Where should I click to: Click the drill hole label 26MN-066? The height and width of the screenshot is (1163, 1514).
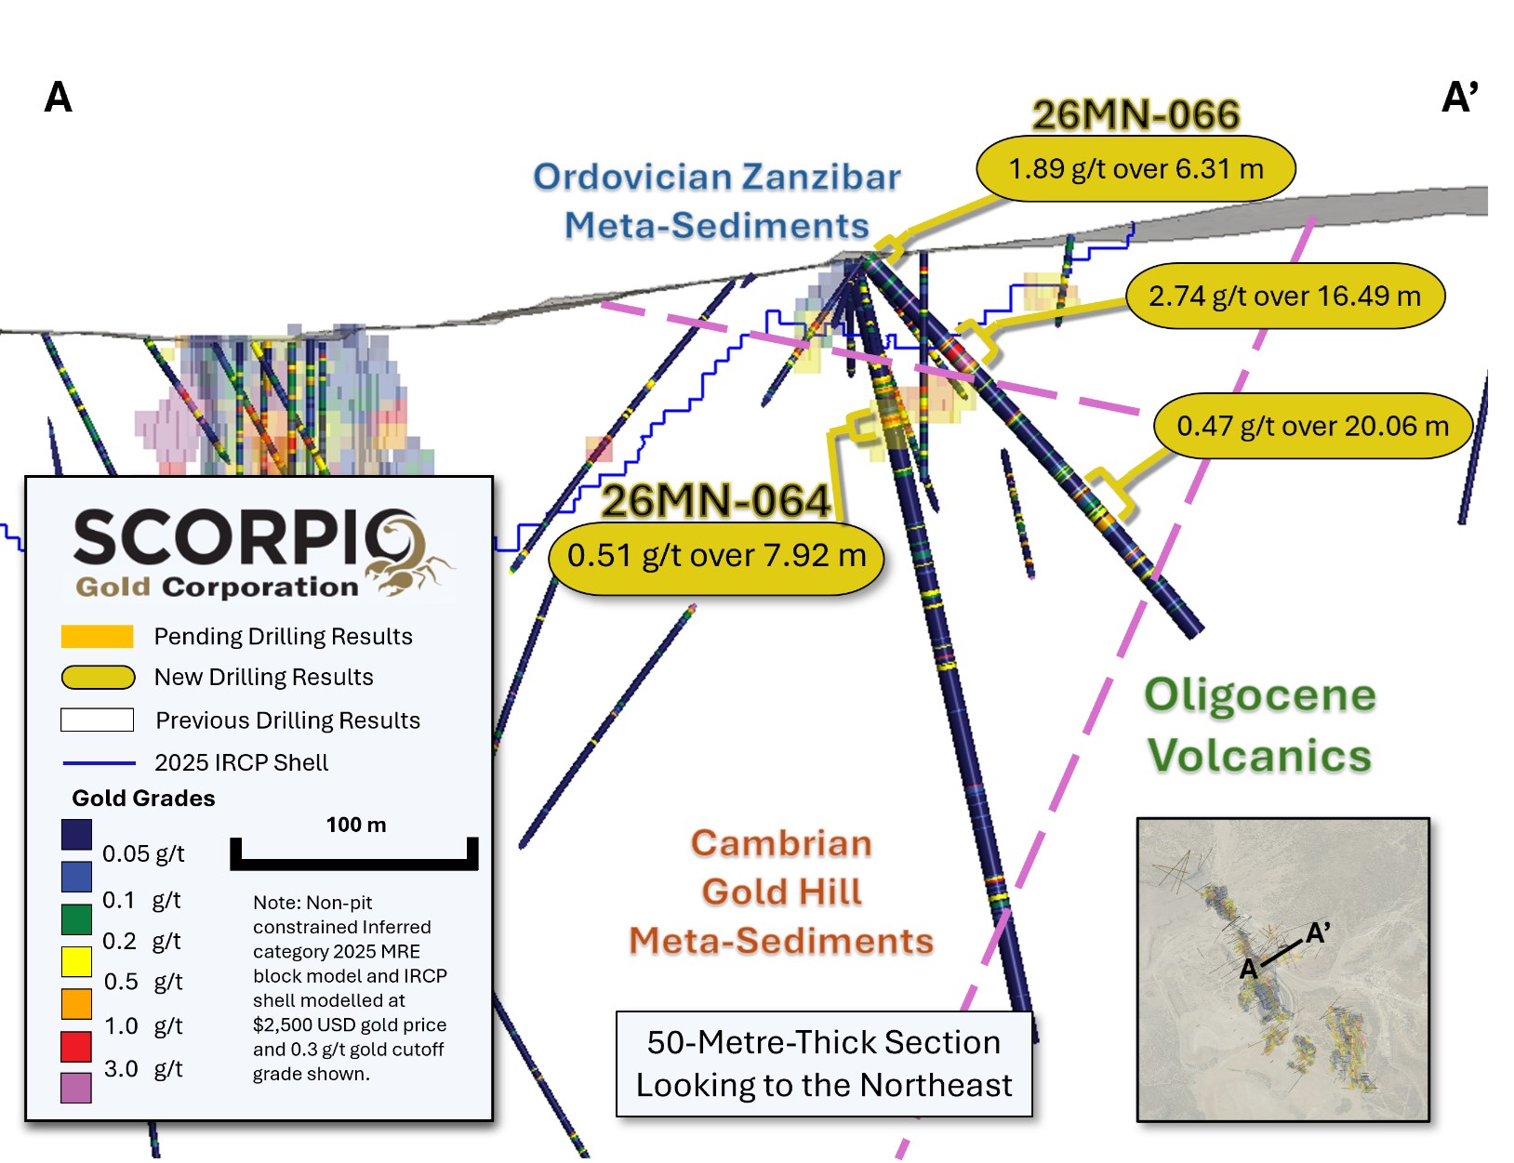point(1135,115)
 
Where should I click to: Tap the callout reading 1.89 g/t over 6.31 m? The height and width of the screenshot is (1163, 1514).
point(1135,169)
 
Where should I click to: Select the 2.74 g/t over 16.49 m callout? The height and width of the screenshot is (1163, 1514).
point(1284,297)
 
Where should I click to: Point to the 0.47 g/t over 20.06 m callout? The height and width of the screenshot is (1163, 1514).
point(1312,427)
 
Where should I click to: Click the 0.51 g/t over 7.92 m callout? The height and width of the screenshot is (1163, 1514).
point(716,556)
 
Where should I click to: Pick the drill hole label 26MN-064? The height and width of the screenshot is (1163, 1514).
point(715,502)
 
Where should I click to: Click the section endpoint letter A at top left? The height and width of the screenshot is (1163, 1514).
point(58,98)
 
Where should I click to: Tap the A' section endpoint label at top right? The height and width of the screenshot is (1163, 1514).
point(1459,98)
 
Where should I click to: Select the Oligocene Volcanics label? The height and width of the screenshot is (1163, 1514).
point(1260,725)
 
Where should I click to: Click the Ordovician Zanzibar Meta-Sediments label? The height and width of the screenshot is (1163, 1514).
point(716,201)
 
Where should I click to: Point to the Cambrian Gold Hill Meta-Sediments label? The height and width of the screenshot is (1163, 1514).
point(781,892)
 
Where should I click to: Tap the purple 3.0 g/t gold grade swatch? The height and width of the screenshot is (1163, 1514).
point(76,1087)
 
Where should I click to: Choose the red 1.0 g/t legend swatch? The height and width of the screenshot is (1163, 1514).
point(76,1046)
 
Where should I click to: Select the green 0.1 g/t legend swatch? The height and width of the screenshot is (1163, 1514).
point(76,919)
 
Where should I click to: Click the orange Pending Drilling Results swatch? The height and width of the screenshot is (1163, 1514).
point(97,637)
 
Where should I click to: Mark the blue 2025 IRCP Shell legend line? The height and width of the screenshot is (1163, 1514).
point(99,763)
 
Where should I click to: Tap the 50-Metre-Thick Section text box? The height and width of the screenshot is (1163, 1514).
point(824,1064)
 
